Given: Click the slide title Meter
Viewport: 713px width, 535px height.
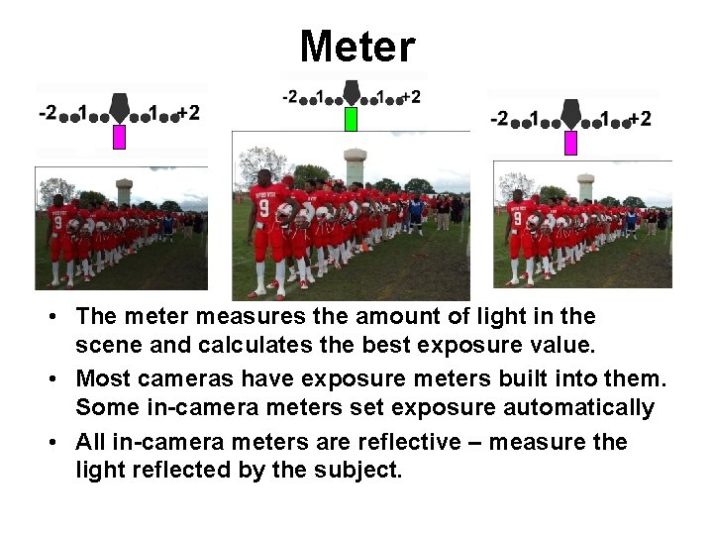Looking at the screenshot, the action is point(356,47).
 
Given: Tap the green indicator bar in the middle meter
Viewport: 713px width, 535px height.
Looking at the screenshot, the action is point(351,119).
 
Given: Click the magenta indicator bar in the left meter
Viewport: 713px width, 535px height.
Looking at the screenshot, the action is point(119,137).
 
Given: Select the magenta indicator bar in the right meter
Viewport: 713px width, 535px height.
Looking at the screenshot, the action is point(570,143).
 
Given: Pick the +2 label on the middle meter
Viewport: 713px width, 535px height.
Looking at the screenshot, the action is point(409,97).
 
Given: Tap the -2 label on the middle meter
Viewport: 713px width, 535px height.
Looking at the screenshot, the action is point(290,97).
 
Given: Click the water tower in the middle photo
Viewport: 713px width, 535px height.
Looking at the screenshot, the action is point(355,165).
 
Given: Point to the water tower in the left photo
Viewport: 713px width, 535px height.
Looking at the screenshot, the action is point(124,190).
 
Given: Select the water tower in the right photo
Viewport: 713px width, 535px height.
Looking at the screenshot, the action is point(586,185).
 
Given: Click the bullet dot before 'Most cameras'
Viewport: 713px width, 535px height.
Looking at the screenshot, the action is point(61,378).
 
